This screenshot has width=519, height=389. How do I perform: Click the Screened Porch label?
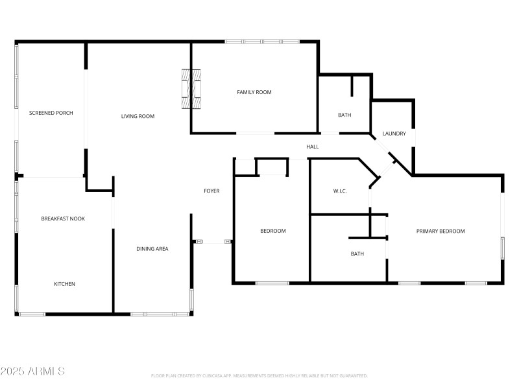tap(51, 113)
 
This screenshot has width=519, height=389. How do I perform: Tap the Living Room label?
tap(138, 117)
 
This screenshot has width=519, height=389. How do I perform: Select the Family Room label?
tap(254, 92)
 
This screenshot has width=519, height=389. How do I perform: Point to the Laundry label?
tap(394, 134)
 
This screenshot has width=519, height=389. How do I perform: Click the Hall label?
tap(313, 147)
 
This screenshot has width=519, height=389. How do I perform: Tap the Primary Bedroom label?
tap(441, 231)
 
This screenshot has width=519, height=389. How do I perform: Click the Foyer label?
tap(211, 191)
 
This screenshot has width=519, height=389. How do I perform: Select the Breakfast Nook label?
tap(63, 218)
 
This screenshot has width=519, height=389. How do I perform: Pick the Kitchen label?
tap(64, 284)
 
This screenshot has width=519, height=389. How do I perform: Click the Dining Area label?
tap(152, 248)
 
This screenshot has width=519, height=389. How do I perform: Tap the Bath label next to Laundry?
tap(344, 115)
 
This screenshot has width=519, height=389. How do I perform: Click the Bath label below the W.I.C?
tap(357, 253)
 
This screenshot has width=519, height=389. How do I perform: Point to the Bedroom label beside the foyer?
tap(272, 231)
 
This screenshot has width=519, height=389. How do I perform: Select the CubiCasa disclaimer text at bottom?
tap(259, 375)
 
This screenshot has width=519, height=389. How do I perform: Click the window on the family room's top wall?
tap(262, 42)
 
